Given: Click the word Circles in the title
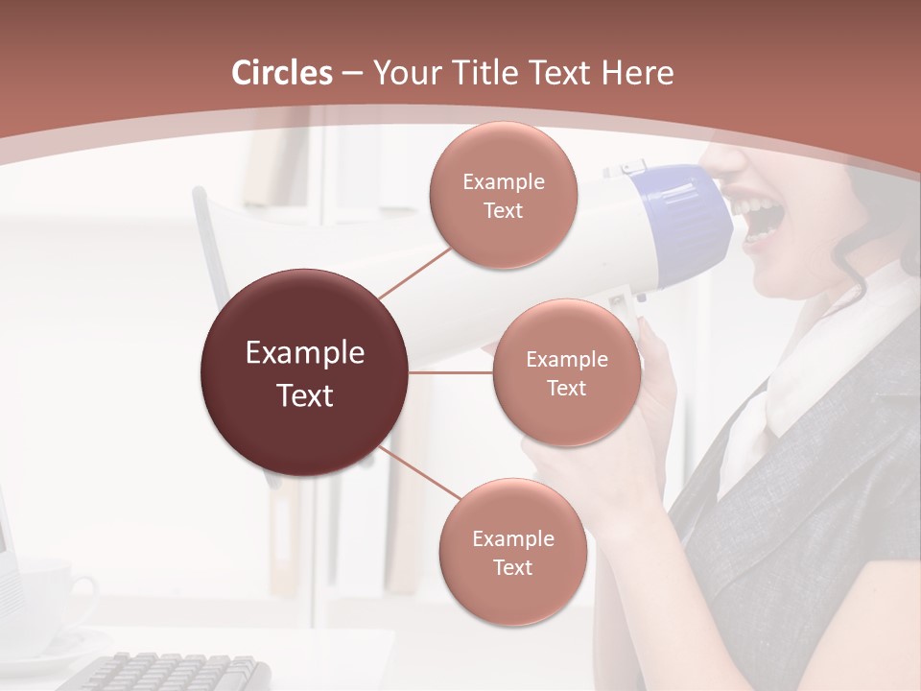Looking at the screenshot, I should point(282,73).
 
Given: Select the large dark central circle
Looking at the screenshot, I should point(305,372).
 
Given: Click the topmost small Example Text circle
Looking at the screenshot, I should point(503,196).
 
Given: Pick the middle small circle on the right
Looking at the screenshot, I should point(566,372).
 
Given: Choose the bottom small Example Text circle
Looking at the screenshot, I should point(512,553).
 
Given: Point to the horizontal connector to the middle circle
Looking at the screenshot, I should point(451,372).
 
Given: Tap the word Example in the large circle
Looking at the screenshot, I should point(305,353).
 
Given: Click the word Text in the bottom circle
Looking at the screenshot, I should point(512,568).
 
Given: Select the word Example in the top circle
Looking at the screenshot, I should point(503,181).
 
